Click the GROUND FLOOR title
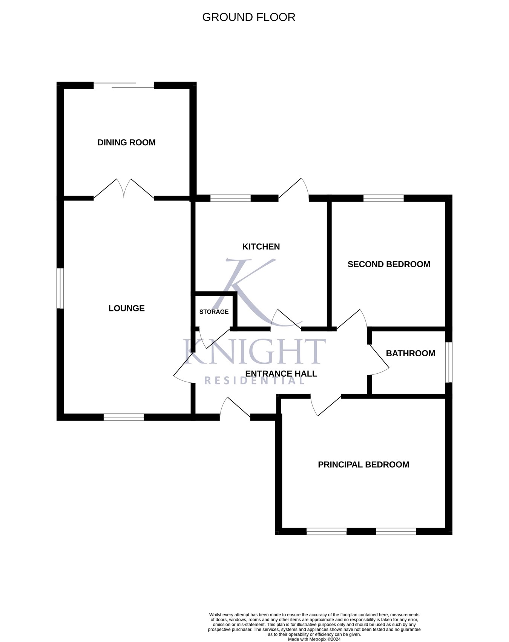pos(248,17)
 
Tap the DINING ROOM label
pos(126,143)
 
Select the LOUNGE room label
pos(126,308)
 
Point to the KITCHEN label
pos(261,247)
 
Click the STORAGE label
pos(214,312)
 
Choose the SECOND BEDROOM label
pos(389,264)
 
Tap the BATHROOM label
pos(410,353)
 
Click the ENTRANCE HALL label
pos(281,374)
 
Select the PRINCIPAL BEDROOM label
pos(363,465)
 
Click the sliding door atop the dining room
pos(124,85)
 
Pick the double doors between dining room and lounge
pos(124,189)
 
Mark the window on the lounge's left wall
pos(60,288)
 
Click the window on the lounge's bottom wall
pos(124,417)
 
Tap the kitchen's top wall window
pos(230,198)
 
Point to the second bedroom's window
pos(383,198)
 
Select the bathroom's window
pos(449,362)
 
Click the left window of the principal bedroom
pos(327,531)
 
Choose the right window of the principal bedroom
pos(396,531)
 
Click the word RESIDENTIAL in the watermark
pos(254,380)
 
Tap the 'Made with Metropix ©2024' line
pos(314,639)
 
